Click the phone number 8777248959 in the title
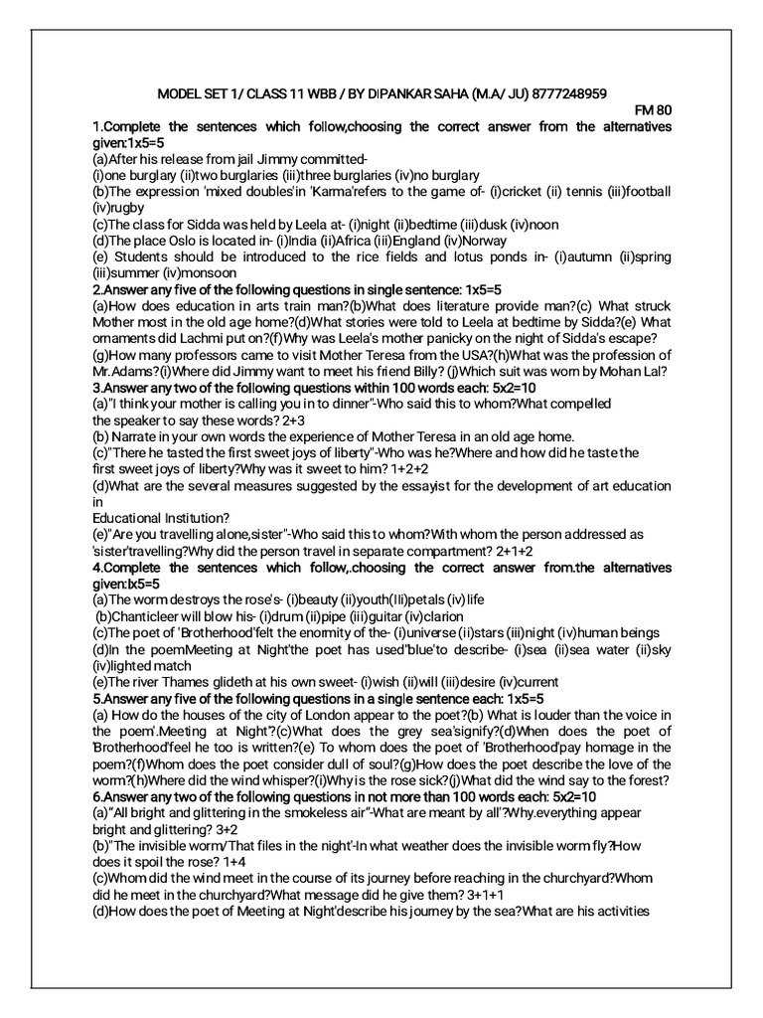pyautogui.click(x=560, y=95)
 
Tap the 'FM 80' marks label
pyautogui.click(x=652, y=111)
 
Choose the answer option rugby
pyautogui.click(x=129, y=208)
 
